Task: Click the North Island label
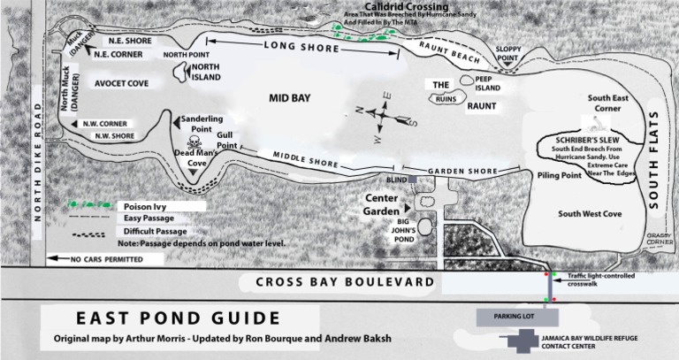tap(206, 73)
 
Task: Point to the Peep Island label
tap(488, 83)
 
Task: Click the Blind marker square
tap(412, 179)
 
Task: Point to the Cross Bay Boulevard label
tap(345, 282)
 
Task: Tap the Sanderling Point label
tap(202, 124)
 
